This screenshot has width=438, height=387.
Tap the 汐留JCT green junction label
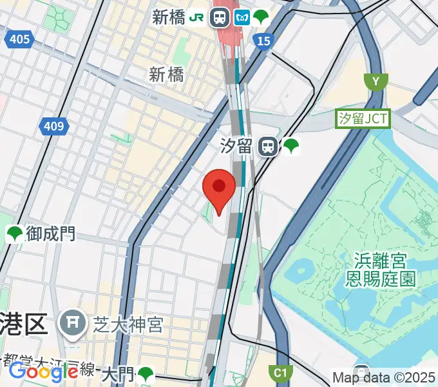363,119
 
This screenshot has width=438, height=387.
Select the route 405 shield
20,40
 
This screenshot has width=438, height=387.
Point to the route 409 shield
54,126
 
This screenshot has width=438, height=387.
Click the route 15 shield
263,41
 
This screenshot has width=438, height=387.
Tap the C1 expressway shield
280,372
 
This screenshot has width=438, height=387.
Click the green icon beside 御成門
14,233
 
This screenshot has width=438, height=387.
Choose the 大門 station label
117,373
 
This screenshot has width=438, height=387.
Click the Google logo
43,372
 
